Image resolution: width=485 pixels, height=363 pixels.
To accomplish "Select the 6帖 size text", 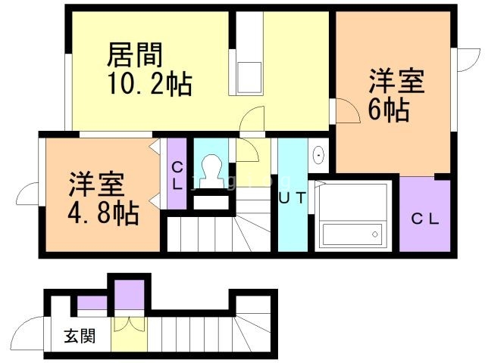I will tap(389, 110).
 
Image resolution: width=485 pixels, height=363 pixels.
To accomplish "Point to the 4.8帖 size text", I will tap(104, 213).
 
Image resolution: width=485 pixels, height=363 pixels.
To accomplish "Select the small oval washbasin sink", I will tap(318, 156).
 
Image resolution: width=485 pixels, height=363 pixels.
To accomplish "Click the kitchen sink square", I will tap(248, 76).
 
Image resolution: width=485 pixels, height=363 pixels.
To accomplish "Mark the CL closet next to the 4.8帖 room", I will tap(177, 174).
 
